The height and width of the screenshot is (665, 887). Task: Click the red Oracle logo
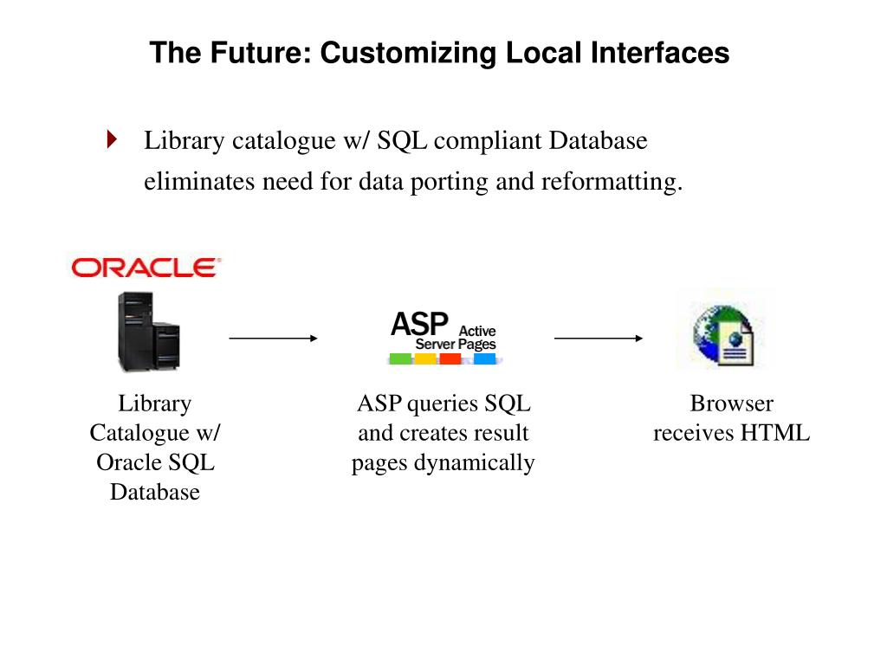(145, 268)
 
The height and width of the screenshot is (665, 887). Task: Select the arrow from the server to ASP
(274, 339)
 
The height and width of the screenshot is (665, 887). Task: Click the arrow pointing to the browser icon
(599, 339)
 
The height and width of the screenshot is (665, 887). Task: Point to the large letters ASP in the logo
(419, 325)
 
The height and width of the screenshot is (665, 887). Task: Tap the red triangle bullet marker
(111, 139)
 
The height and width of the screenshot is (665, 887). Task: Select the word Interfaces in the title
(661, 53)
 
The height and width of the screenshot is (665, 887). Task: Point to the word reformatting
(612, 182)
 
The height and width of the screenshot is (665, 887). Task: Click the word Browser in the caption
(731, 404)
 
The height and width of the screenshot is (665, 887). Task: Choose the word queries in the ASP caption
(441, 404)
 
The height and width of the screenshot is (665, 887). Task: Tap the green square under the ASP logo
(400, 358)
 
